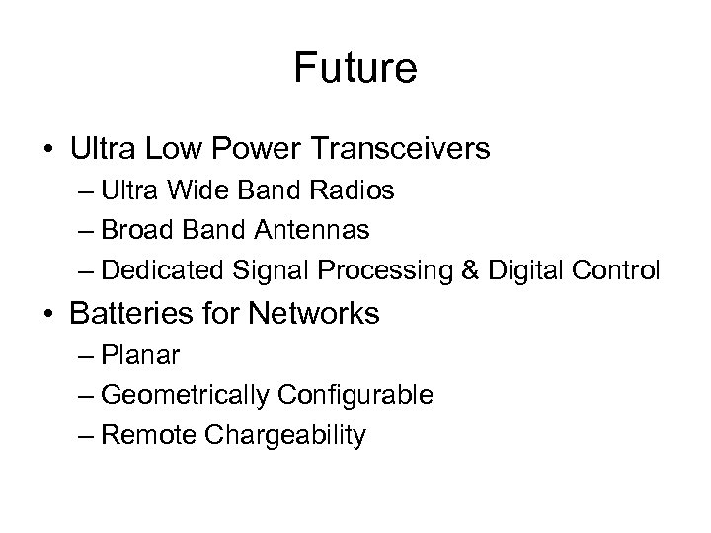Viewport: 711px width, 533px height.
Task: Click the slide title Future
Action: click(x=355, y=69)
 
